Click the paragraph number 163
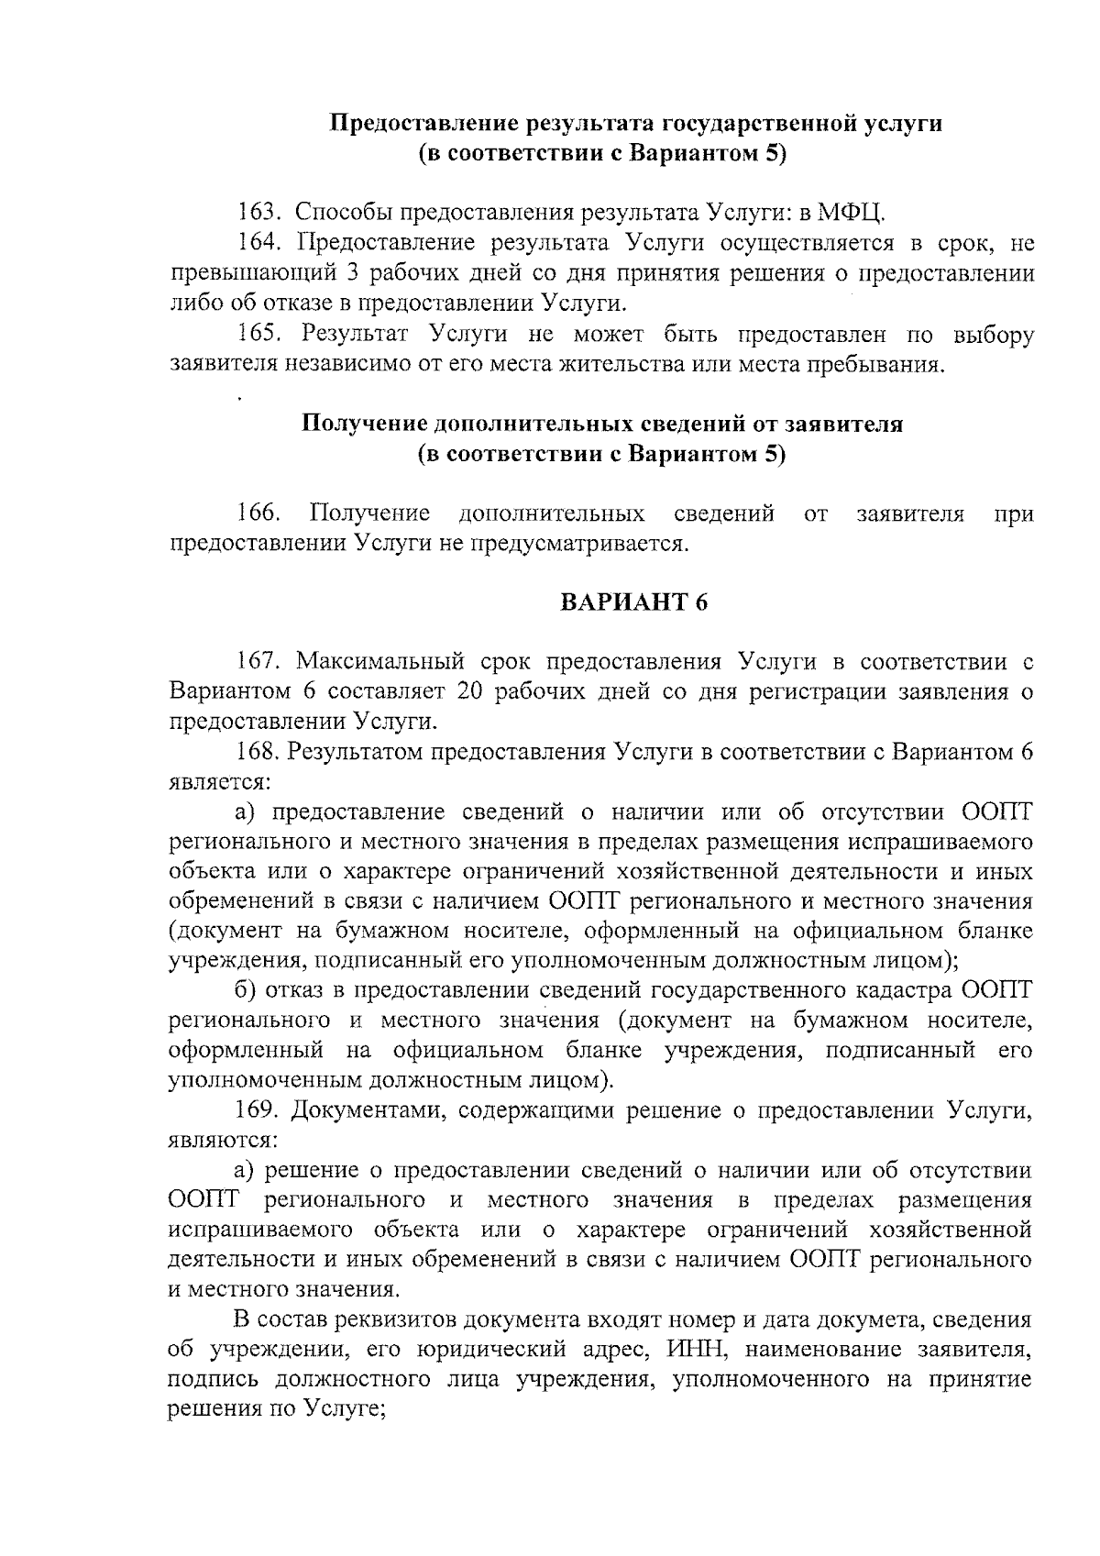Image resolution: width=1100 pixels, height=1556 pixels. (257, 214)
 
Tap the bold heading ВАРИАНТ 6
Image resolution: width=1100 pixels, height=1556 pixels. (634, 602)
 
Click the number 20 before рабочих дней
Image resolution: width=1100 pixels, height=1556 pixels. (469, 691)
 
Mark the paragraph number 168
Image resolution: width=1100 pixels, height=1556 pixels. (257, 752)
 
